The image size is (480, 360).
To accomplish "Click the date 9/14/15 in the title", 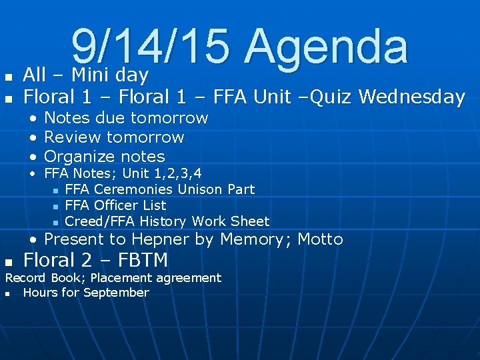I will (x=152, y=47).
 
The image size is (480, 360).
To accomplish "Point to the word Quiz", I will (x=330, y=97).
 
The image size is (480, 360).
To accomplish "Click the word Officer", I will (x=117, y=206).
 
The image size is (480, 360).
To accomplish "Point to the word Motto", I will (x=320, y=240).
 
